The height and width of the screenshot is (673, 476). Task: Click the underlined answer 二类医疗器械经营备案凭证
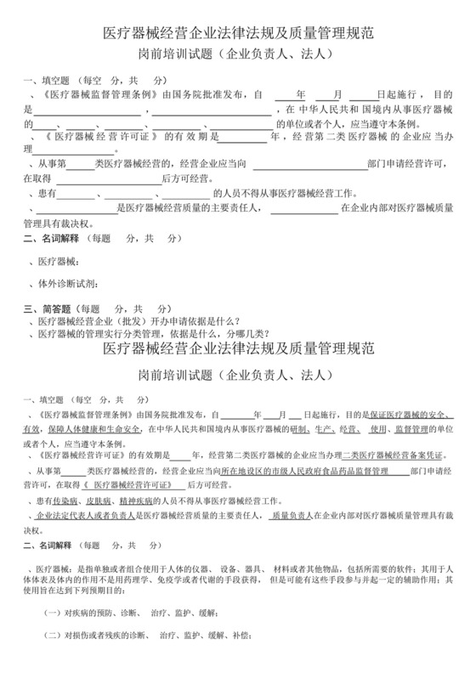click(x=383, y=455)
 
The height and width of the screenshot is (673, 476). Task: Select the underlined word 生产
click(x=338, y=430)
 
